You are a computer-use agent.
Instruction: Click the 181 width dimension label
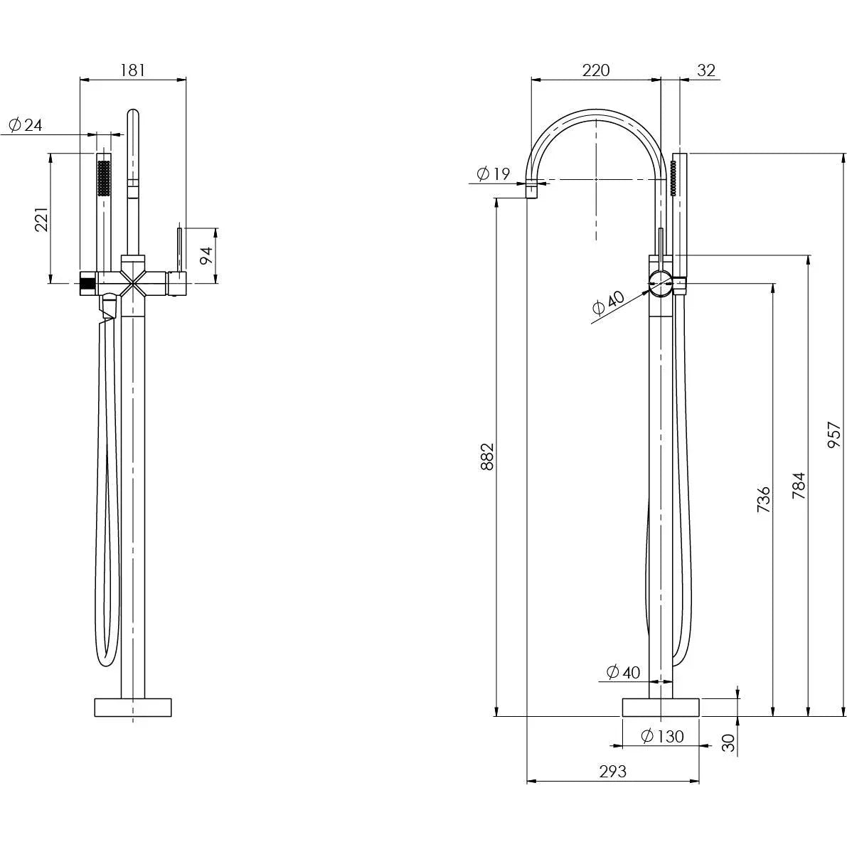click(133, 70)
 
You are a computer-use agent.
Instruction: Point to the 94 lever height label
click(206, 255)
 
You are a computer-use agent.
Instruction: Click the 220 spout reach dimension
click(596, 70)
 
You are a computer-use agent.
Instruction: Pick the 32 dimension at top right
click(706, 70)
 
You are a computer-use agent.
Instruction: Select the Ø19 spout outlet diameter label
click(494, 173)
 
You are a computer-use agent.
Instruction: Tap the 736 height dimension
click(763, 499)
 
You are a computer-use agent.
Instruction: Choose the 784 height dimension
click(799, 485)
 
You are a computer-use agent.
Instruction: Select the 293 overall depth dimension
click(612, 771)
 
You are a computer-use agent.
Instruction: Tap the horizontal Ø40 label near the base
click(623, 671)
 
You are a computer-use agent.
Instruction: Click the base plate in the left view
click(133, 707)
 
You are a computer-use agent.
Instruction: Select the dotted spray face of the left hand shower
click(103, 178)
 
